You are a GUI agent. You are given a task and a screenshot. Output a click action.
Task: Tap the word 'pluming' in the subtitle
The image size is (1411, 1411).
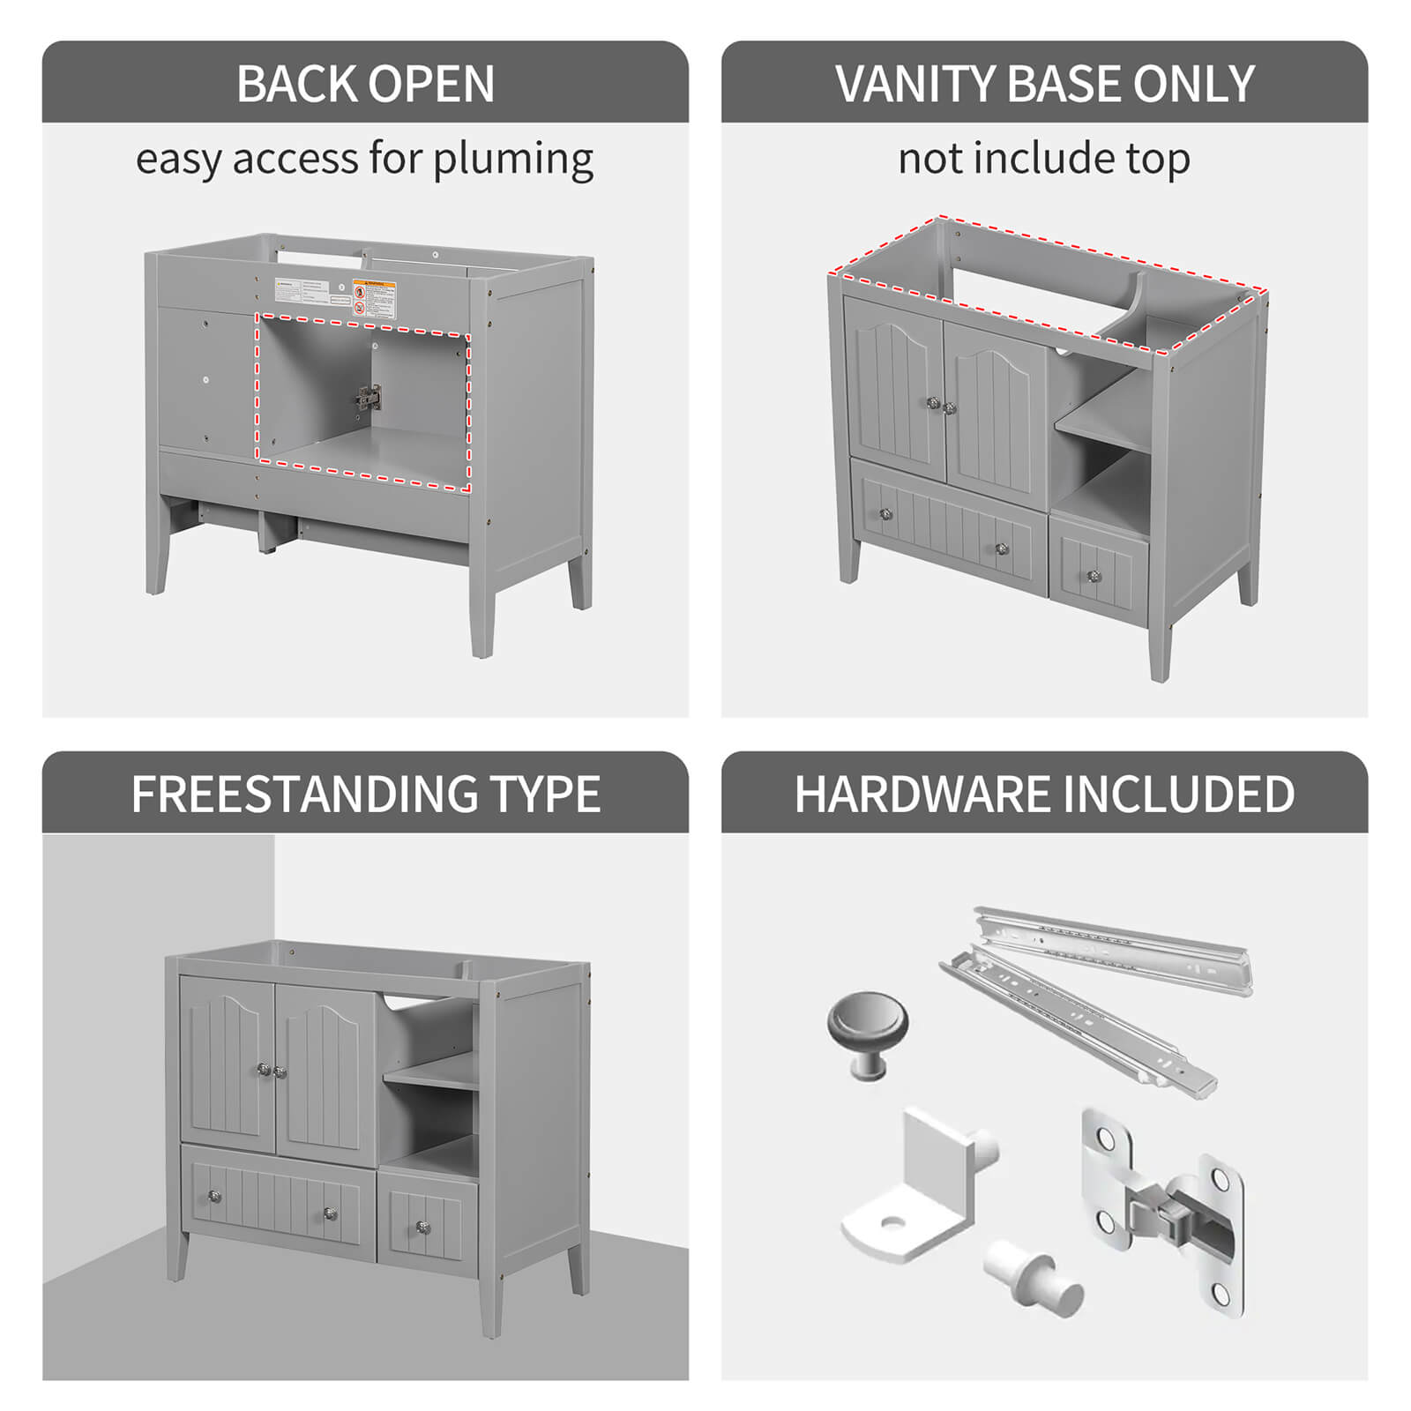coord(512,160)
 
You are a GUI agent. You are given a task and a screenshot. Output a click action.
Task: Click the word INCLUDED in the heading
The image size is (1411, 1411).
coord(1179,794)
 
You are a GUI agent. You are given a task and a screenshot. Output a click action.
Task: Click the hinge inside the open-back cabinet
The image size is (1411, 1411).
coord(369,399)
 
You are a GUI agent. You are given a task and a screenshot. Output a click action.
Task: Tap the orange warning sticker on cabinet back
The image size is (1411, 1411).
coord(374,298)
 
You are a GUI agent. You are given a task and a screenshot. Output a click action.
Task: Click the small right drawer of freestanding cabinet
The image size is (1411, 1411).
coord(428,1214)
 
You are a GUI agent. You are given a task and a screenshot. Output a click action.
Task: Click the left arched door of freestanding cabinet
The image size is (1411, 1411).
coord(227,1067)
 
